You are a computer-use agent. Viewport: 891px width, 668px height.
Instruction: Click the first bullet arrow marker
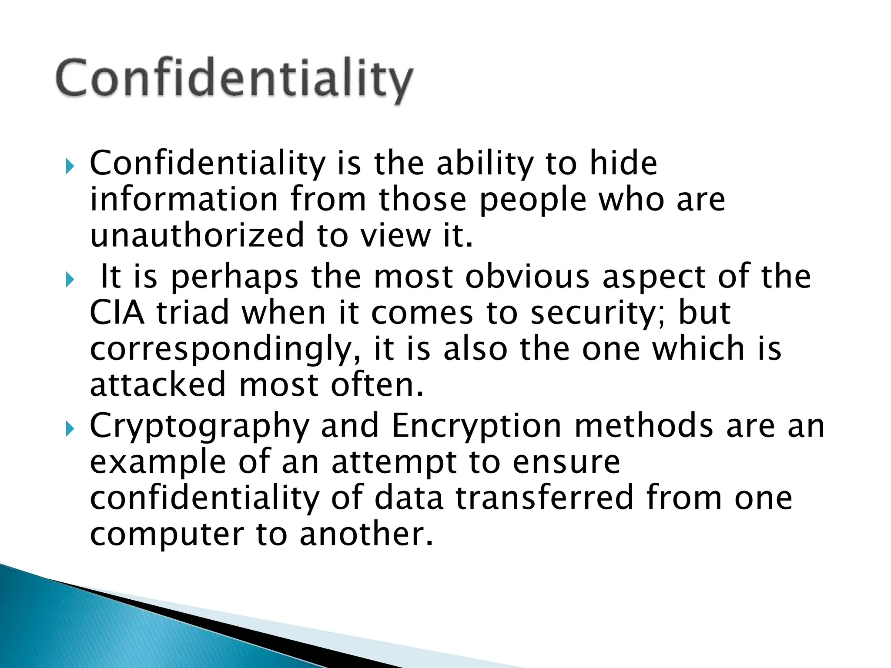click(70, 166)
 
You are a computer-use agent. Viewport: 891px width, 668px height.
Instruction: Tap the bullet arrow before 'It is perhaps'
click(70, 280)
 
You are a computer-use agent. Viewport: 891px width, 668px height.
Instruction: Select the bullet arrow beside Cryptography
click(70, 429)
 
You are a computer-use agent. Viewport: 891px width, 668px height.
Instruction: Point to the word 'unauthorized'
click(197, 235)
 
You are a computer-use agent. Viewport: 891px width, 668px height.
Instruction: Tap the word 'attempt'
click(394, 463)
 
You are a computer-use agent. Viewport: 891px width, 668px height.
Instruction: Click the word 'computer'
click(167, 535)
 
